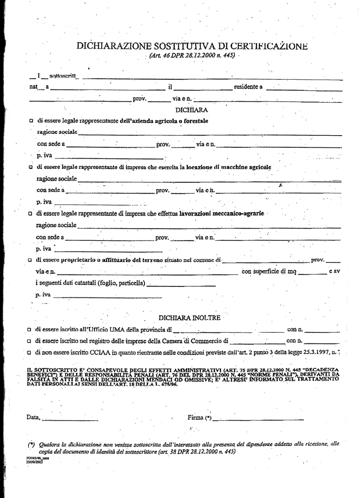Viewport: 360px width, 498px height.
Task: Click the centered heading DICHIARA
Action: pyautogui.click(x=192, y=110)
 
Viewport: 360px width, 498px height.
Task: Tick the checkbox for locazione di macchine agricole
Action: pyautogui.click(x=31, y=167)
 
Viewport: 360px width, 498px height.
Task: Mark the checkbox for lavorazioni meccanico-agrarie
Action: pyautogui.click(x=31, y=213)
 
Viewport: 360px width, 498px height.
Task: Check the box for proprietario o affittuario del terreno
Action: pyautogui.click(x=31, y=260)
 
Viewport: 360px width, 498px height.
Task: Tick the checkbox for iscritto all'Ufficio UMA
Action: pyautogui.click(x=30, y=330)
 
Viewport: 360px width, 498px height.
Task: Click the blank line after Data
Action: pyautogui.click(x=71, y=419)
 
